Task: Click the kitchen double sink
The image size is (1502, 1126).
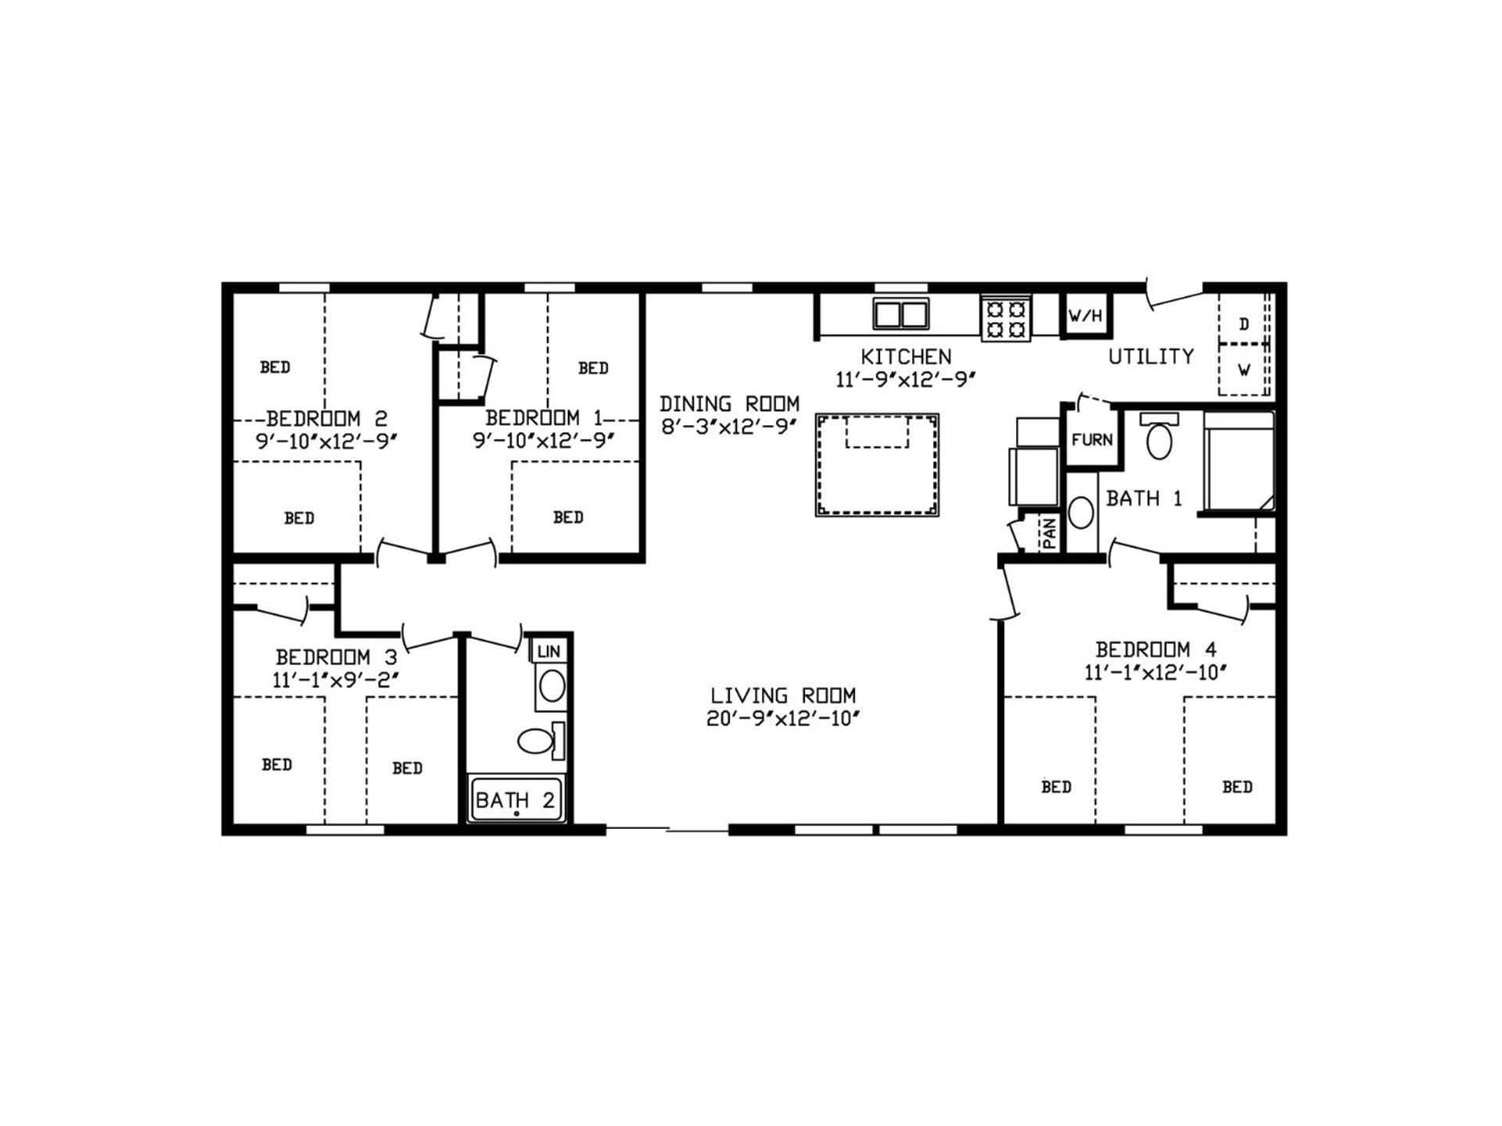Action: pyautogui.click(x=900, y=314)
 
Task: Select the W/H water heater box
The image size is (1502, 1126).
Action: pyautogui.click(x=1086, y=315)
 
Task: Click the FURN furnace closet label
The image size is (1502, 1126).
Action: pyautogui.click(x=1091, y=439)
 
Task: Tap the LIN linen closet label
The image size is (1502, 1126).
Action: pyautogui.click(x=548, y=651)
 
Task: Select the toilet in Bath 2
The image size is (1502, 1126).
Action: pyautogui.click(x=541, y=741)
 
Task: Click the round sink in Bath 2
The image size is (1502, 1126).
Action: pyautogui.click(x=552, y=686)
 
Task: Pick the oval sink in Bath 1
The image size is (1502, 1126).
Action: pyautogui.click(x=1081, y=513)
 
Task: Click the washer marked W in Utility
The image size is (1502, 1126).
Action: pyautogui.click(x=1243, y=369)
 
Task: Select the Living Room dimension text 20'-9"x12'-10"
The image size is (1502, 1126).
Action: pyautogui.click(x=783, y=719)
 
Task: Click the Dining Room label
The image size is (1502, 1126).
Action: pyautogui.click(x=729, y=403)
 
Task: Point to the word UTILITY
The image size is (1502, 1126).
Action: pyautogui.click(x=1151, y=357)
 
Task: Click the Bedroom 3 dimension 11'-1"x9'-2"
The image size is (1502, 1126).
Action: pyautogui.click(x=336, y=680)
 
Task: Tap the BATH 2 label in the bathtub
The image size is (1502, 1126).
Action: pyautogui.click(x=515, y=800)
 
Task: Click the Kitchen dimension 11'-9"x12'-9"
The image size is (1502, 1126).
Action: pyautogui.click(x=906, y=379)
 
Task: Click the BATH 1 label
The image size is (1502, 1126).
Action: pyautogui.click(x=1144, y=498)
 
